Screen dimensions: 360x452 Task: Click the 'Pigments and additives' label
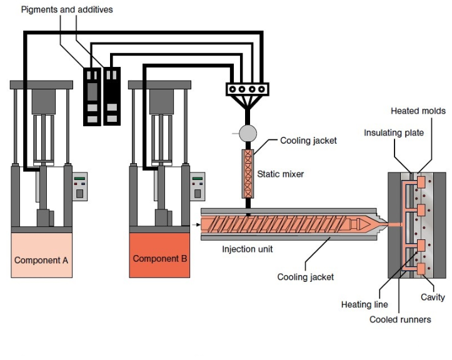[67, 10]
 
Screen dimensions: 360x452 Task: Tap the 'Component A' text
[41, 259]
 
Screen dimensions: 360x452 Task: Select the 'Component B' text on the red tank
[160, 258]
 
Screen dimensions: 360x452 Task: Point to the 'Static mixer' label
[281, 174]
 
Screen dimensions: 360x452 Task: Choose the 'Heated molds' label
[418, 111]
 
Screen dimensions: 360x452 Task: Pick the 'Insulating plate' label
[394, 132]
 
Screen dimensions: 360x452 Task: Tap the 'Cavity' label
[433, 297]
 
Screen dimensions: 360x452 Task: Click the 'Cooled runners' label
[400, 319]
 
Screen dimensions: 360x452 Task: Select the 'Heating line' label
[364, 305]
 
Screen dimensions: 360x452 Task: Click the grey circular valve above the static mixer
[248, 132]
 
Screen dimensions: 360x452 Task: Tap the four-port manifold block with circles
[247, 90]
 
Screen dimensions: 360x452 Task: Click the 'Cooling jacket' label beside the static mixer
[308, 141]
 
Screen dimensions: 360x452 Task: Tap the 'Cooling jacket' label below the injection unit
[306, 277]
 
